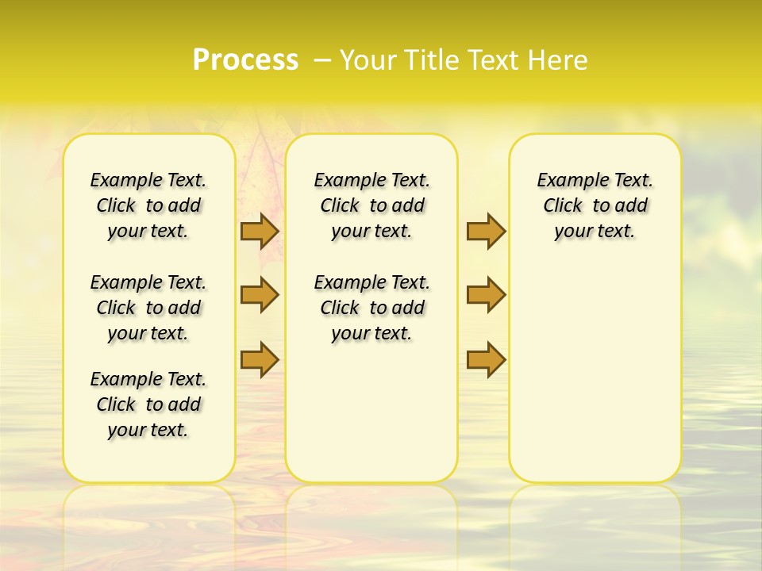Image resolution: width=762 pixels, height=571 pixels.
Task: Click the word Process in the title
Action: point(245,60)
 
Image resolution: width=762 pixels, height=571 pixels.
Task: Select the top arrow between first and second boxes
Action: point(259,231)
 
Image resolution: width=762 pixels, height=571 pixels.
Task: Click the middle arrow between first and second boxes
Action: point(259,295)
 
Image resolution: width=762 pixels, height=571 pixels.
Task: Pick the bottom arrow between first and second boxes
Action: point(259,360)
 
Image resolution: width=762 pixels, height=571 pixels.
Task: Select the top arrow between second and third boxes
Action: point(486,231)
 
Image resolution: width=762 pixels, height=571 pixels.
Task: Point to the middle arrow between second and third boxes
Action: point(486,295)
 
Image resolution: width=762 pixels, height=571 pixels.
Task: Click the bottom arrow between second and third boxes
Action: point(486,360)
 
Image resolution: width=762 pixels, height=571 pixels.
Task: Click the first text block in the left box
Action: point(148,205)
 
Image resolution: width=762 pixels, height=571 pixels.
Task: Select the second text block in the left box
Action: point(148,308)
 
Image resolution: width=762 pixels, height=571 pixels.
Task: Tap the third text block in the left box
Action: point(148,404)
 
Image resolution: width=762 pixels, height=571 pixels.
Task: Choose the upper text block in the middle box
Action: point(371,205)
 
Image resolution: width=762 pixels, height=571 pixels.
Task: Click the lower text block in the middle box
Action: point(371,308)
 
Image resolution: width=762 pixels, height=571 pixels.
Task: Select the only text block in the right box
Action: point(595,205)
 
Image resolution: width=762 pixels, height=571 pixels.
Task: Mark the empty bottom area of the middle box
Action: point(371,412)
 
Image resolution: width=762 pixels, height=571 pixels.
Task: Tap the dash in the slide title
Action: point(322,60)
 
